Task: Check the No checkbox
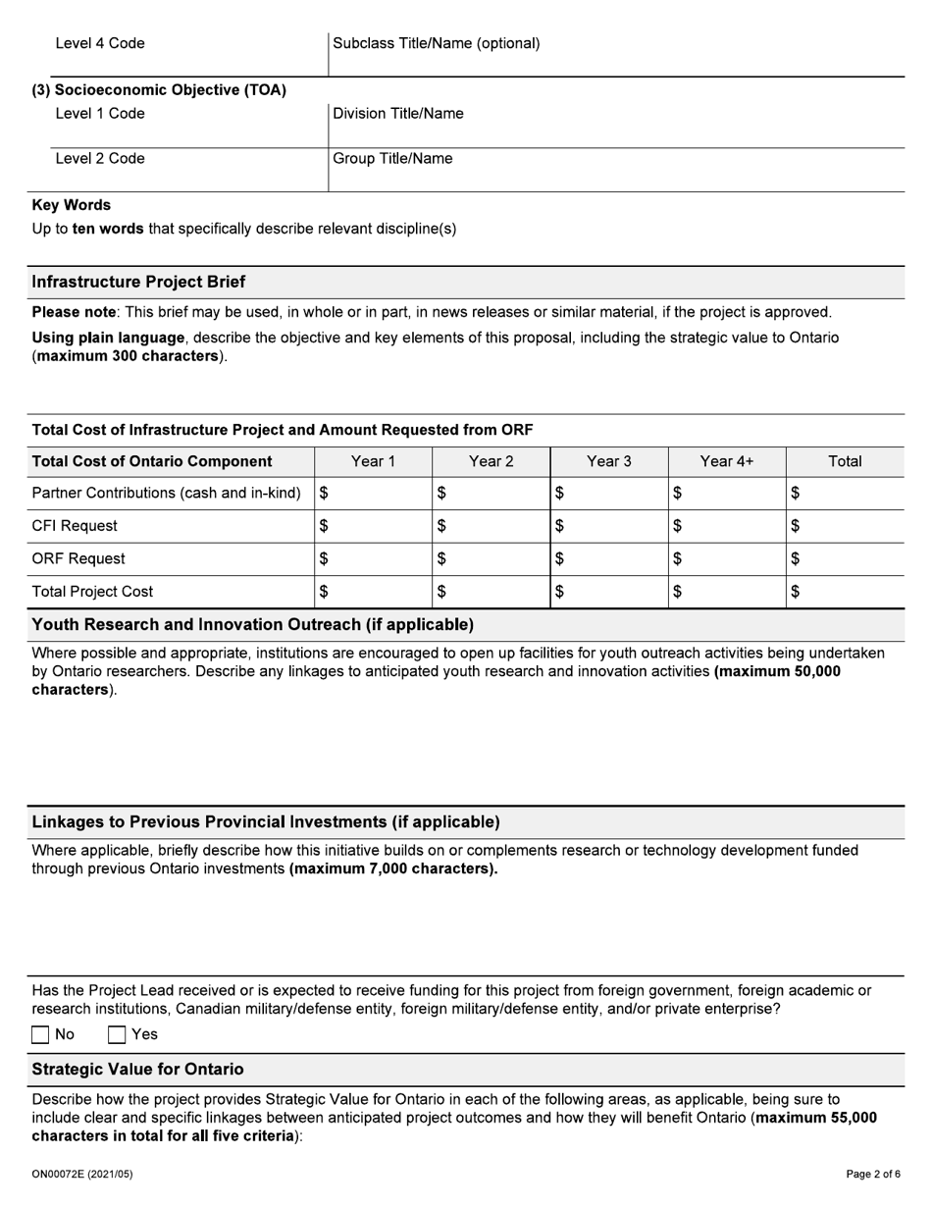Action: point(41,1034)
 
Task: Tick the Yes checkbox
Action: point(117,1034)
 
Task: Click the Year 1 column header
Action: point(373,461)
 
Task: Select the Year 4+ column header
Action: point(726,461)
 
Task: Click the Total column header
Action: point(845,461)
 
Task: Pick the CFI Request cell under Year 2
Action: point(491,526)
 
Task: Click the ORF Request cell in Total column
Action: point(845,559)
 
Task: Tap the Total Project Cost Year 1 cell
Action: point(373,592)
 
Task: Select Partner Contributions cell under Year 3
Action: point(608,494)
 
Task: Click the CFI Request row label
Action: point(75,526)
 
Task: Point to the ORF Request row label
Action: point(78,559)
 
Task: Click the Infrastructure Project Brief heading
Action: point(138,282)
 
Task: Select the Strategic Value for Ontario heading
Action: point(137,1070)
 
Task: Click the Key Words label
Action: point(72,205)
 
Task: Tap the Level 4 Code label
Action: point(100,43)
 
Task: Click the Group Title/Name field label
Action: point(392,159)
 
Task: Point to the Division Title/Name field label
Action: point(398,114)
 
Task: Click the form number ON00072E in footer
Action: point(81,1174)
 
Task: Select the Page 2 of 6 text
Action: point(873,1174)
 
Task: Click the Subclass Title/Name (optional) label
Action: point(437,43)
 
